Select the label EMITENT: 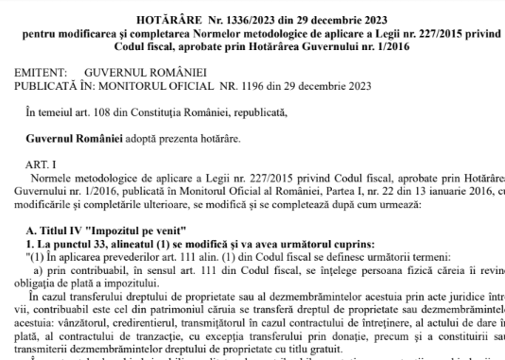pos(36,71)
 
